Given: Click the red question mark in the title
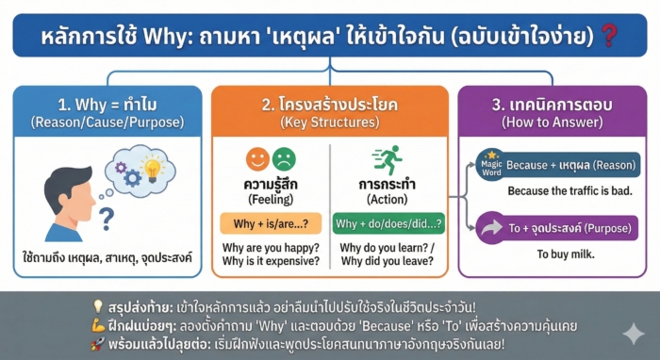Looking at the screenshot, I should (x=610, y=37).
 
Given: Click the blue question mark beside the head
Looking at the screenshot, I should (x=107, y=219).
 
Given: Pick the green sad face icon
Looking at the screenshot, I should (x=284, y=158).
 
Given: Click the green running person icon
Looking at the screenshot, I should (x=388, y=159).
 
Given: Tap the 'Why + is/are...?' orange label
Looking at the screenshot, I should (x=271, y=223).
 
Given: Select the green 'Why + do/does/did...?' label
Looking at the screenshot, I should (x=388, y=223).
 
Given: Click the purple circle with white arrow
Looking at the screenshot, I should (x=492, y=227).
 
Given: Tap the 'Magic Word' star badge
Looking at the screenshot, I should (x=490, y=164).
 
